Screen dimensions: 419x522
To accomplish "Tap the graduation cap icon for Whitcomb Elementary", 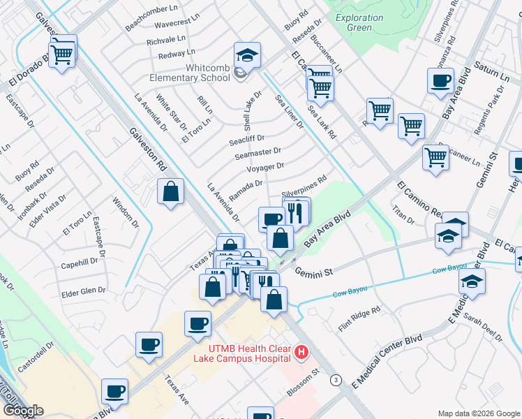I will [246, 54].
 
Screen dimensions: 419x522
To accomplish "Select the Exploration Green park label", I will [359, 22].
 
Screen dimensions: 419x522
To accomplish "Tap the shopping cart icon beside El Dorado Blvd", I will [63, 52].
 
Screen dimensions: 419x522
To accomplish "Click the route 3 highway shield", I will [336, 380].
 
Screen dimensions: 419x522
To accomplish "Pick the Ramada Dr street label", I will [245, 189].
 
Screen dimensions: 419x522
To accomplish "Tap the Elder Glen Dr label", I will [82, 291].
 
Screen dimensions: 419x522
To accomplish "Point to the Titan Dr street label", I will [403, 214].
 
